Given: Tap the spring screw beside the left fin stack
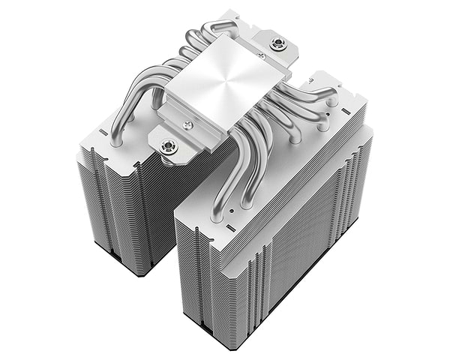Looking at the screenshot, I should pos(169,148).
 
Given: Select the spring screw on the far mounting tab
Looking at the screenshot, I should pos(278,44).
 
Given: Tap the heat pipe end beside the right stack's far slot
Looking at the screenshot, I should pos(331,96).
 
